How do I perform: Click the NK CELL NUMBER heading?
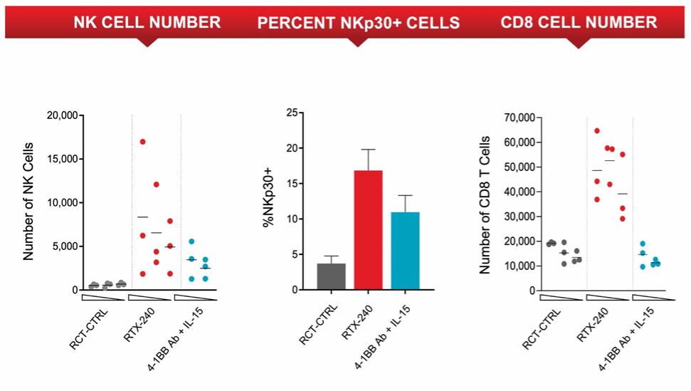[147, 23]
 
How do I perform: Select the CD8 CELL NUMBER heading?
[579, 23]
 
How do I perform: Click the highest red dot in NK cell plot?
[142, 142]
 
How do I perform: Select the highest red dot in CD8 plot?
[597, 131]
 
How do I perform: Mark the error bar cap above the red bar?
[368, 150]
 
